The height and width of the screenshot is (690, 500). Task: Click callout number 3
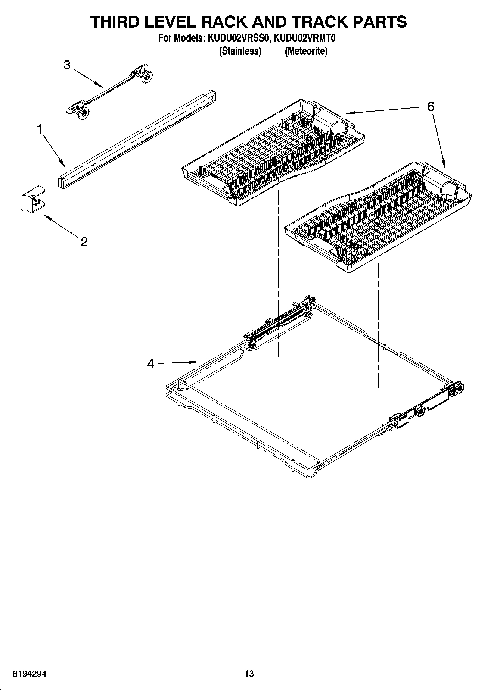(x=67, y=65)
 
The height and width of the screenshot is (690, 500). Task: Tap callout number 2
(x=84, y=242)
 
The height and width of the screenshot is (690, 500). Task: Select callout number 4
(x=150, y=363)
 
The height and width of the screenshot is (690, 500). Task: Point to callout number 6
(x=431, y=107)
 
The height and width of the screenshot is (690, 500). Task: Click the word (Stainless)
(x=240, y=51)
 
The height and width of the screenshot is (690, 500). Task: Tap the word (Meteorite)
(x=306, y=51)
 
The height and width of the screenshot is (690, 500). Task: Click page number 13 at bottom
(x=249, y=674)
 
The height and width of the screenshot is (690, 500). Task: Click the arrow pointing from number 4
(x=179, y=362)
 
